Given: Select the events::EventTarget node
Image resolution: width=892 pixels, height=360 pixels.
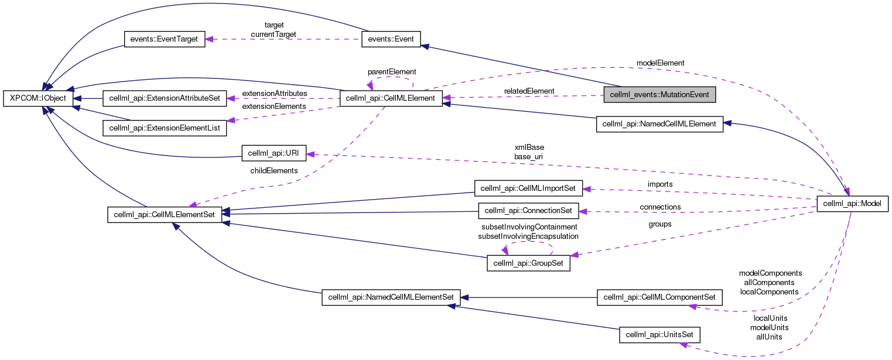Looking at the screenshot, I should click(x=164, y=40).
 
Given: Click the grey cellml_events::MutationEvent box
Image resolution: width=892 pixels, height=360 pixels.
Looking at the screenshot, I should click(x=659, y=94).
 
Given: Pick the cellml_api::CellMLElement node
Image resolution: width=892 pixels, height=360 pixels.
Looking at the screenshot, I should click(x=391, y=98).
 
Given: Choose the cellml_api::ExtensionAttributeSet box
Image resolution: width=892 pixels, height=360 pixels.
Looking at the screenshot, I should click(x=165, y=98).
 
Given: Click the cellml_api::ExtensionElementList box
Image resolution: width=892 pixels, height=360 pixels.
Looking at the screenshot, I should click(x=165, y=126).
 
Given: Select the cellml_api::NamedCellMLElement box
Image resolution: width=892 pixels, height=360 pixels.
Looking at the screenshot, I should click(x=659, y=124).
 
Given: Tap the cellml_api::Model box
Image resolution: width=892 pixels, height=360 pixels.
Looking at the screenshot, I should click(x=853, y=203).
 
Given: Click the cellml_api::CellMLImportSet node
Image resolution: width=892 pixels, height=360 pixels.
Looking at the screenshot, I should click(x=528, y=188).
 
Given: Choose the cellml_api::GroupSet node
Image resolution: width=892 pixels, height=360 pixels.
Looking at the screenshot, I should click(x=528, y=263).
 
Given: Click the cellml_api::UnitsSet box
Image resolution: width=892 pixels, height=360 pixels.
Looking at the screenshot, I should click(x=659, y=335).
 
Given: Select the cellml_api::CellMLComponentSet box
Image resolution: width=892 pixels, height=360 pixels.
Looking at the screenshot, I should click(x=659, y=297).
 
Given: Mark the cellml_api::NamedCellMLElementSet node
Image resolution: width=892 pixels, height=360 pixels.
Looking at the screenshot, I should click(x=391, y=297).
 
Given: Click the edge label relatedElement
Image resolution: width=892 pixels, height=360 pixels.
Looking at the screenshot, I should click(x=529, y=91).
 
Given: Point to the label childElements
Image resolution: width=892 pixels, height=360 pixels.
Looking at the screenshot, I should click(x=274, y=170).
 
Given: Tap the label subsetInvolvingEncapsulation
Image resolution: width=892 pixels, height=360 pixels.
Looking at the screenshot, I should click(x=528, y=236).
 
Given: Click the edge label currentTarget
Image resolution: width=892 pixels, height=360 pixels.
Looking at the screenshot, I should click(x=274, y=35).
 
